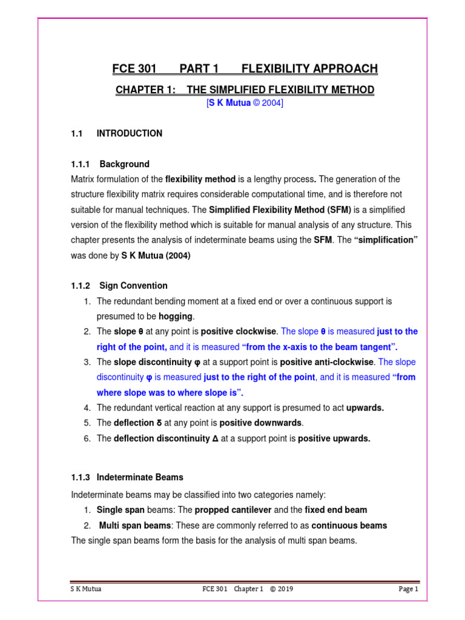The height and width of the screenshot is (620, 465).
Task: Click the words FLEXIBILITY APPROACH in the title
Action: pyautogui.click(x=309, y=68)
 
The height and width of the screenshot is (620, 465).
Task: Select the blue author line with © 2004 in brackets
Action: pyautogui.click(x=245, y=104)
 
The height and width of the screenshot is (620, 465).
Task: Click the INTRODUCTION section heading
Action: pyautogui.click(x=130, y=133)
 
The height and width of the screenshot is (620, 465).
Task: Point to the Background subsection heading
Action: pyautogui.click(x=124, y=164)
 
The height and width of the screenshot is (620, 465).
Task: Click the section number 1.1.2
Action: pyautogui.click(x=81, y=285)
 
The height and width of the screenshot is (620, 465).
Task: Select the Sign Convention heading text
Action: pyautogui.click(x=134, y=285)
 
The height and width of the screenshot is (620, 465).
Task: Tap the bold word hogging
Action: pyautogui.click(x=175, y=316)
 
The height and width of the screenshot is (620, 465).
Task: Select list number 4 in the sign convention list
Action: pyautogui.click(x=87, y=408)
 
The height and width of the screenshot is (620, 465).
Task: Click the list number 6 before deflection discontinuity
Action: pyautogui.click(x=87, y=438)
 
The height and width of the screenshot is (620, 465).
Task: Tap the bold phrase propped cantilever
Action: pyautogui.click(x=233, y=510)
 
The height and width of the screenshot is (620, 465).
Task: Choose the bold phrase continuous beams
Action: pyautogui.click(x=349, y=525)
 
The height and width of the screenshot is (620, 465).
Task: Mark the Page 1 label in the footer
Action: pyautogui.click(x=408, y=589)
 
